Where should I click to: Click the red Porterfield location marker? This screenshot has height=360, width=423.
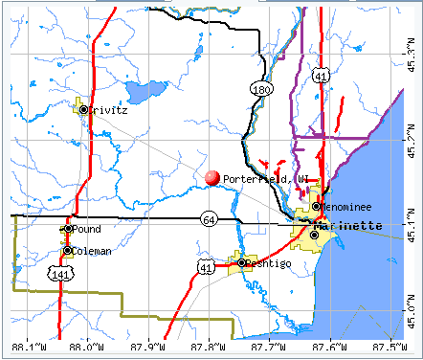click(211, 177)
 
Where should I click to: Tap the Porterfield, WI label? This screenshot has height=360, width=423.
click(264, 178)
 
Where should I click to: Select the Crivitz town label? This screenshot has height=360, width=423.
click(110, 110)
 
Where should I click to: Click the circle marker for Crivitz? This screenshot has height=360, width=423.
click(83, 110)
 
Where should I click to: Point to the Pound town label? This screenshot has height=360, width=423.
click(87, 230)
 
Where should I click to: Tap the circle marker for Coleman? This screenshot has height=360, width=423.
click(68, 251)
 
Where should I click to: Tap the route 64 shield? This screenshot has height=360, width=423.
click(208, 219)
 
